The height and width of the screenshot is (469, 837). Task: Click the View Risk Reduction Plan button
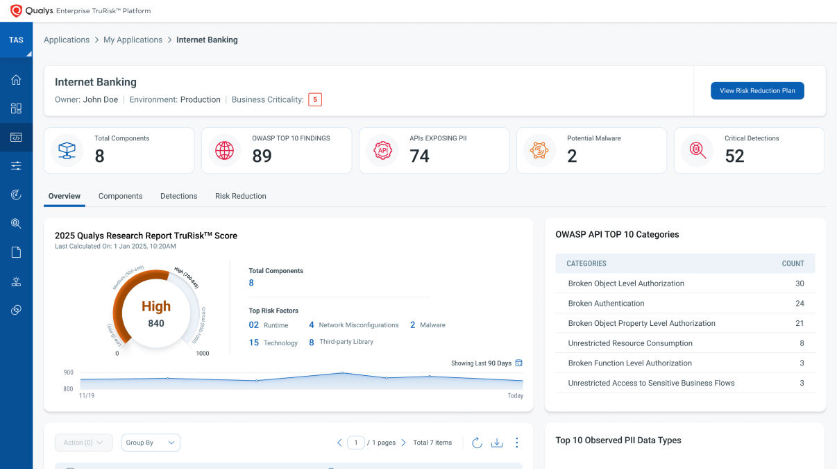click(757, 90)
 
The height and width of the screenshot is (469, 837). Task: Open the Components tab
click(120, 196)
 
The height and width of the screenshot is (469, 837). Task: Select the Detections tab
click(178, 196)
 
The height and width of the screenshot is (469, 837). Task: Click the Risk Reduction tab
click(240, 196)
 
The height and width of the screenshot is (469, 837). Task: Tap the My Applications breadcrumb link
click(133, 40)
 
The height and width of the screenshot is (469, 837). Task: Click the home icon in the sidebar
click(16, 80)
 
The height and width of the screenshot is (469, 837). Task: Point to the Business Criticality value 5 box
click(315, 99)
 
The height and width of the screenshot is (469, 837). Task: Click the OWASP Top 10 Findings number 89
click(262, 156)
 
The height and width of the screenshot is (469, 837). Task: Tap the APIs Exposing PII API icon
click(382, 150)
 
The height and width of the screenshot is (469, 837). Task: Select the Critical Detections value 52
click(734, 156)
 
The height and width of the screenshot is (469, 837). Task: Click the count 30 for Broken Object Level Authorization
click(800, 283)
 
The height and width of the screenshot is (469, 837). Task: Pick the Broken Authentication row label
click(606, 304)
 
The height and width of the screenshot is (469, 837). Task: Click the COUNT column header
click(793, 263)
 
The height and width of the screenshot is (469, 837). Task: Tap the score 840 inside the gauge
click(156, 323)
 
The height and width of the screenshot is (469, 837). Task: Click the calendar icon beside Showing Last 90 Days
click(518, 363)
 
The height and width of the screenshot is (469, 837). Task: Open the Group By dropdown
click(151, 443)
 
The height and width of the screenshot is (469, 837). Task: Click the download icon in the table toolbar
click(497, 443)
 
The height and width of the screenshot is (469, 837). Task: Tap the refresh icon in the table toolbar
click(477, 443)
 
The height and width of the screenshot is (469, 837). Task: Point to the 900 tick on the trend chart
click(68, 372)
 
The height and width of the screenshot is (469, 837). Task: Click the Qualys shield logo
click(17, 11)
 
